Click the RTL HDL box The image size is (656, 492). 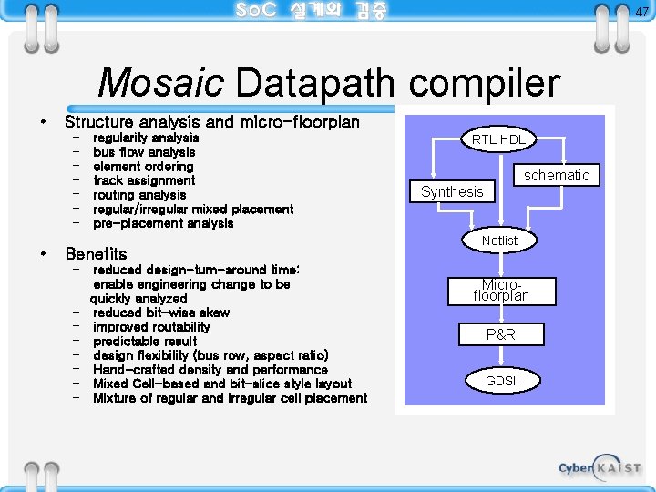coord(497,139)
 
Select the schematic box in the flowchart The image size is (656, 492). coord(556,175)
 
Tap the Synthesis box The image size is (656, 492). coord(452,191)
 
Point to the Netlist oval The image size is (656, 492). coord(499,241)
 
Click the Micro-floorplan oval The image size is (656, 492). coord(500,290)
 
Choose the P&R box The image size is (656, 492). coord(500,334)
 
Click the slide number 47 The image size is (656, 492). coord(641,12)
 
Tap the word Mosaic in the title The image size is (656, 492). coord(160,83)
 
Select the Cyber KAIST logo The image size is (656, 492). coord(600,466)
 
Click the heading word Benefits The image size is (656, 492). coord(96,254)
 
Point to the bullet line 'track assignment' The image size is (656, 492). coord(144,180)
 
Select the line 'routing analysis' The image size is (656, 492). coord(139,195)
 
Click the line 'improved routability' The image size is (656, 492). coord(151,327)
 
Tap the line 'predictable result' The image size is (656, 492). coord(145,341)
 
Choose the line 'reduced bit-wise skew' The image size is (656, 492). coord(161,313)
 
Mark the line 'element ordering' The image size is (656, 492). coord(143,167)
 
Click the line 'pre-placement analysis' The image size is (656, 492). coord(163,223)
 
